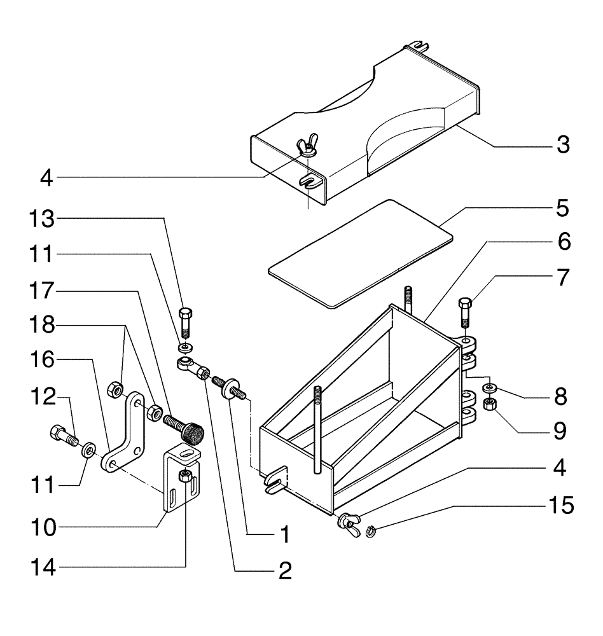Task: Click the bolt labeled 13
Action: [185, 321]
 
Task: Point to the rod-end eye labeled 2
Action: [191, 367]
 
